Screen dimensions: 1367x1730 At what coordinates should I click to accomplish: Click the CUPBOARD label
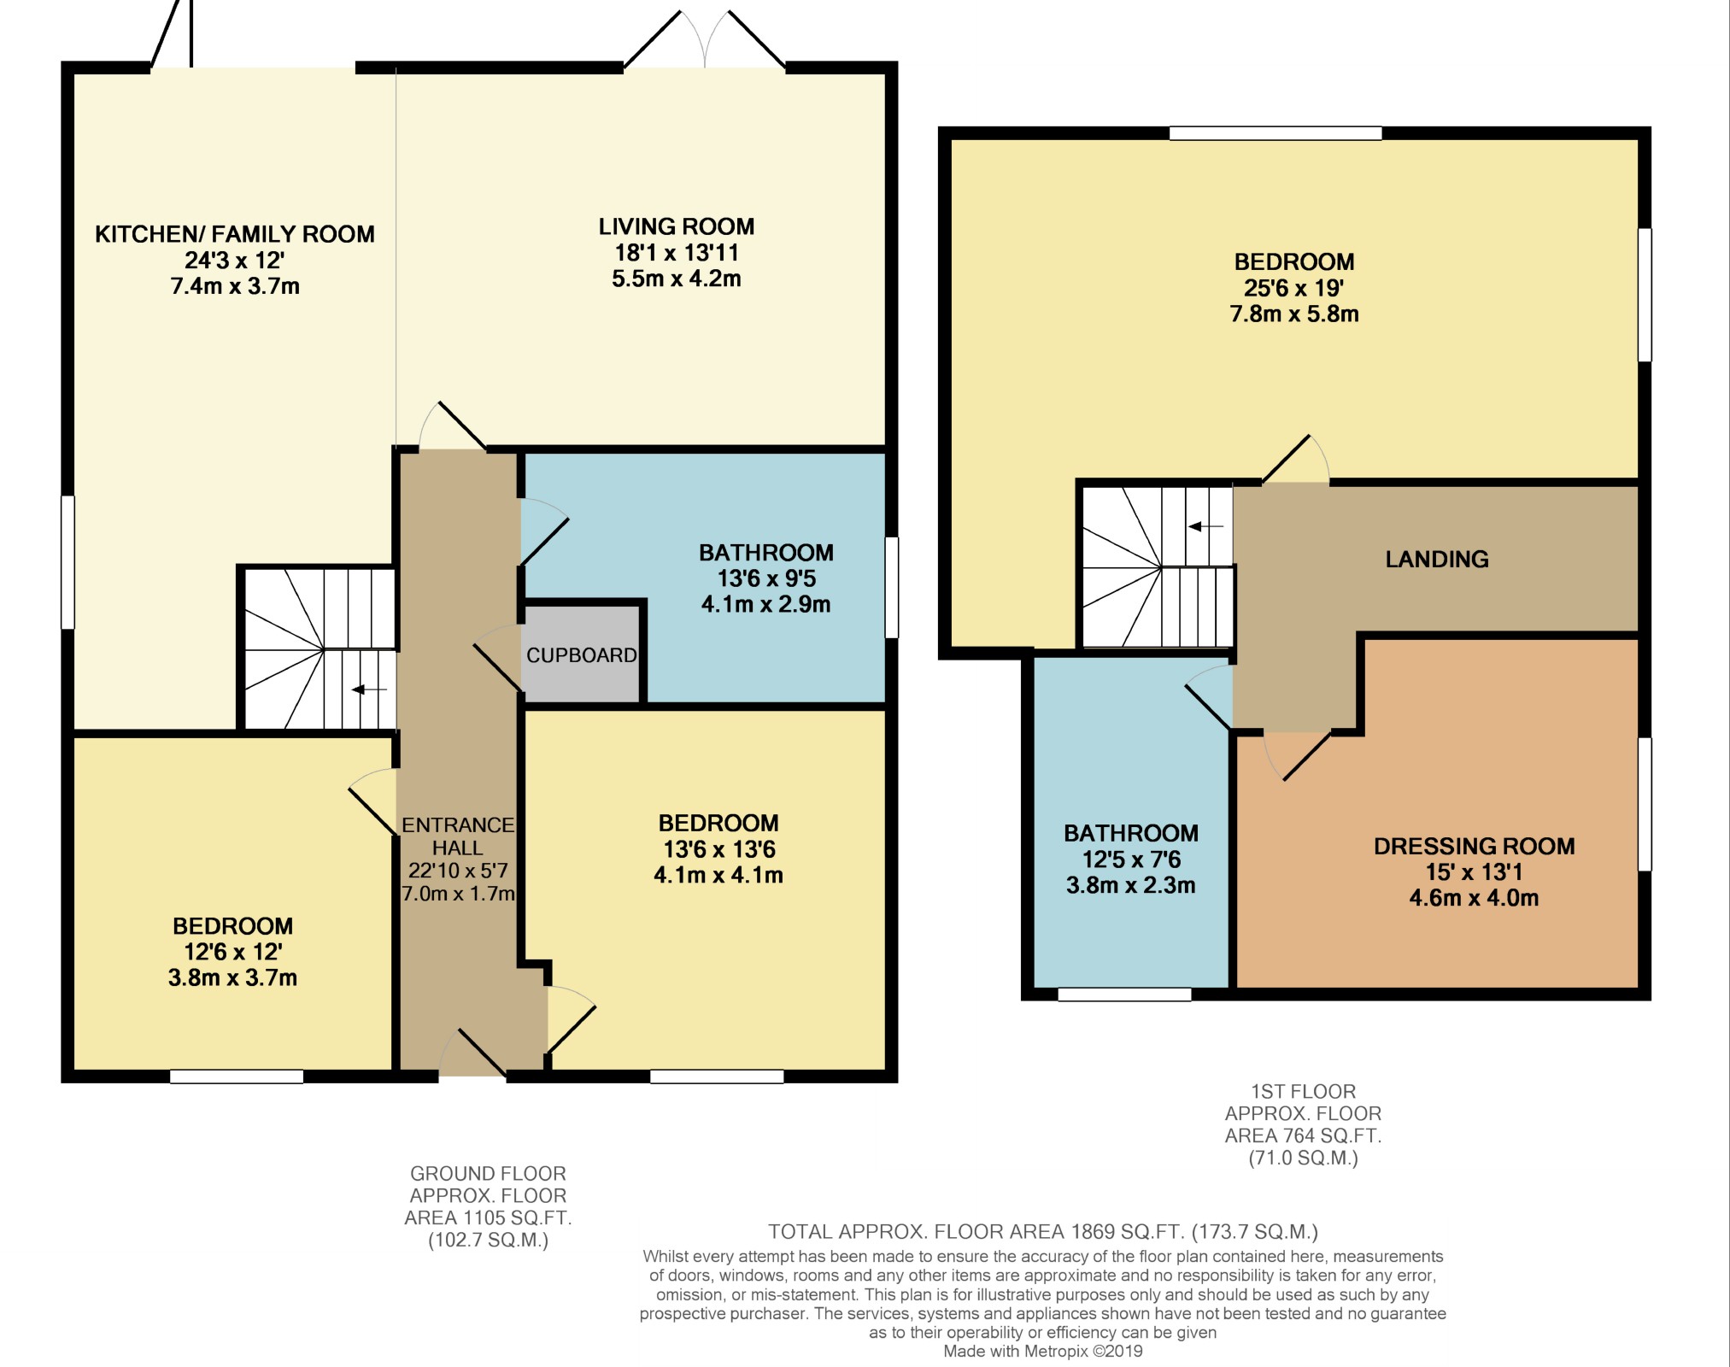(581, 655)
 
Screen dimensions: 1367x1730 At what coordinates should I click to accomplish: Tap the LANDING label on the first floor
(1436, 559)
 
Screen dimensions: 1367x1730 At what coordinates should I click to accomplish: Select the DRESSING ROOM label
(1474, 846)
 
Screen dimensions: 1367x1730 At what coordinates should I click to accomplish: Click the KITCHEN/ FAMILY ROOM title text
(234, 234)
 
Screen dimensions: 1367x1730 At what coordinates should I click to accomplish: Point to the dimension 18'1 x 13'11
(676, 253)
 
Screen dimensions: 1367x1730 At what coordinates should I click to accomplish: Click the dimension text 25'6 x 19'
(1293, 288)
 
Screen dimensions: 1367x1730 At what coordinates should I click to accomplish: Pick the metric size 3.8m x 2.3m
(1130, 885)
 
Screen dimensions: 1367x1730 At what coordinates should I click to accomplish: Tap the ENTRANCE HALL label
(458, 836)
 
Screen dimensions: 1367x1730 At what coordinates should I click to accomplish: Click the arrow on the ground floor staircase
(368, 689)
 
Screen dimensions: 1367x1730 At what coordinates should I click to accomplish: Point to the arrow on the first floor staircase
(1205, 526)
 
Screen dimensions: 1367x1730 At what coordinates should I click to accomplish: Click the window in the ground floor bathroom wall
(891, 587)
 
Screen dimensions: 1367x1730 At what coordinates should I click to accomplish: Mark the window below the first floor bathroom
(1124, 994)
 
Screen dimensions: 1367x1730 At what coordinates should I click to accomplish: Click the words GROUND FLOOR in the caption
(488, 1173)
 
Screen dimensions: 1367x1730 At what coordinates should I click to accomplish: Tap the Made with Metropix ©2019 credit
(1042, 1351)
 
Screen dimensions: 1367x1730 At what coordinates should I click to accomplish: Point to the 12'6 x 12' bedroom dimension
(232, 952)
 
